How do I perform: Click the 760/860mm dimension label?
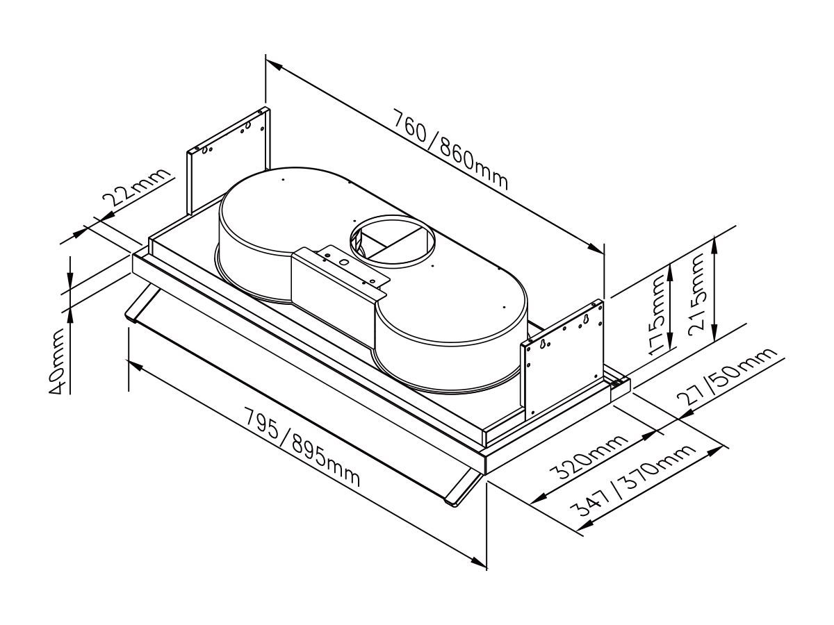(x=450, y=149)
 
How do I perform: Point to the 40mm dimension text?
(x=57, y=361)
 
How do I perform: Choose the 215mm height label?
(x=697, y=295)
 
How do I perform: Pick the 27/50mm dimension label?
(x=726, y=376)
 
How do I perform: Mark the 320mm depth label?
(x=588, y=456)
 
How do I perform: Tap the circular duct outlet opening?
(x=392, y=242)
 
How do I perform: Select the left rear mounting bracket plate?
(x=229, y=160)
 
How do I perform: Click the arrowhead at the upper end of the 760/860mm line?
(x=274, y=66)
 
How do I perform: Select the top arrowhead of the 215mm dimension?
(x=714, y=244)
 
